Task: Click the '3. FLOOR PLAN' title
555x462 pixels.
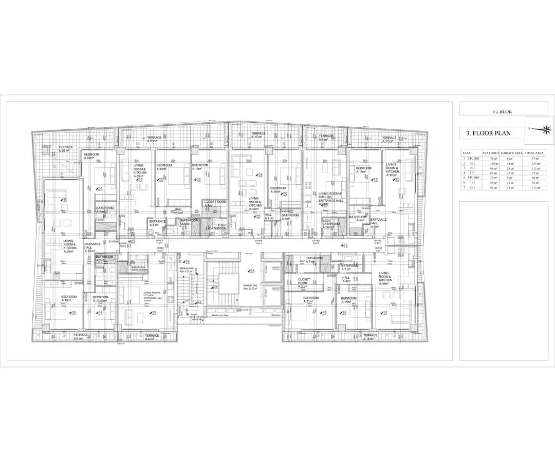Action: point(488,133)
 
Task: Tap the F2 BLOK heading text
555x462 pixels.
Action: point(502,111)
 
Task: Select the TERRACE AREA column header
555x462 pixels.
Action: point(511,153)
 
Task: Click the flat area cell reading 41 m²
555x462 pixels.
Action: point(491,158)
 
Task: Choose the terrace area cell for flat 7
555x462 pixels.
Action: point(511,188)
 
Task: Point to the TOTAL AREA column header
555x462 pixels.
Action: point(534,153)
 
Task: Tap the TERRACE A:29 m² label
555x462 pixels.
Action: point(66,149)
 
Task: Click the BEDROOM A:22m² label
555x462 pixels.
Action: point(91,156)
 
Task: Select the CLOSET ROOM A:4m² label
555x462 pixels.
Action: point(215,204)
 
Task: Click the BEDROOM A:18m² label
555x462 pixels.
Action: point(363,170)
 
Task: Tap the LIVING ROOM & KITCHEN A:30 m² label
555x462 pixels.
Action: point(392,170)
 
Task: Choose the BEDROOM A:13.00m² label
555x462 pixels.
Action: point(101,299)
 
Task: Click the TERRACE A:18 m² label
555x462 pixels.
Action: point(370,337)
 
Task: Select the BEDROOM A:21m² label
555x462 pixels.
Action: point(311,300)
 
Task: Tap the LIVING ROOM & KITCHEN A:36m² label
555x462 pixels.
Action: point(385,278)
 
